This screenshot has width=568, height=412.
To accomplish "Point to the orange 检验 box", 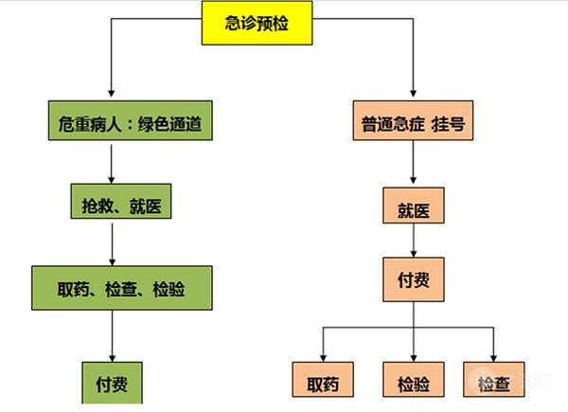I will [409, 383].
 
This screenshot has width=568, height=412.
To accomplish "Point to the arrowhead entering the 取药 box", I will [323, 356].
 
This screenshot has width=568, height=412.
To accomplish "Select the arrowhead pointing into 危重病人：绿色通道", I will [113, 98].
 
